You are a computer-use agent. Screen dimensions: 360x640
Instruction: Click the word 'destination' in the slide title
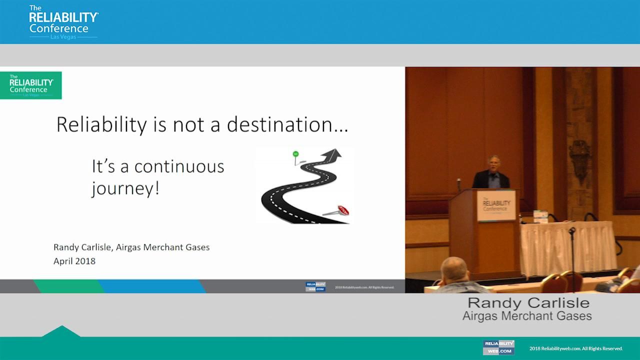click(x=287, y=124)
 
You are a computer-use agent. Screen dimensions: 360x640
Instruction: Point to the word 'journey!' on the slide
click(x=125, y=189)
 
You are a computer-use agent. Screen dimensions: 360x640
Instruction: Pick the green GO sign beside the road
click(x=295, y=154)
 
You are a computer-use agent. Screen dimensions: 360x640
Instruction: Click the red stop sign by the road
click(x=343, y=210)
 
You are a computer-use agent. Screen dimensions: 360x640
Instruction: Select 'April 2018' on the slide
click(x=74, y=261)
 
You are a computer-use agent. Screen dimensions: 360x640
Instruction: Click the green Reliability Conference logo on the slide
click(x=31, y=85)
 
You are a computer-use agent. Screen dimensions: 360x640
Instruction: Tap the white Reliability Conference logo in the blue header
click(x=63, y=22)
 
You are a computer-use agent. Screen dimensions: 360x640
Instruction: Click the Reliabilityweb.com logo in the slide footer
click(x=315, y=286)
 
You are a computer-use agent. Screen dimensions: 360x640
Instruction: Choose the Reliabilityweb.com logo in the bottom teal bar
click(x=498, y=347)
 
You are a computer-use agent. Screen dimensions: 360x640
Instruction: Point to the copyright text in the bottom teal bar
click(x=576, y=348)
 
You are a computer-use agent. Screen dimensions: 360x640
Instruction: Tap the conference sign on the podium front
click(x=496, y=205)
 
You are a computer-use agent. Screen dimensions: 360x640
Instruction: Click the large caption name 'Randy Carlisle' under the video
click(x=528, y=302)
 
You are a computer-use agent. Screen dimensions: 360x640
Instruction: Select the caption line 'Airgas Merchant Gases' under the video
click(x=527, y=316)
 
